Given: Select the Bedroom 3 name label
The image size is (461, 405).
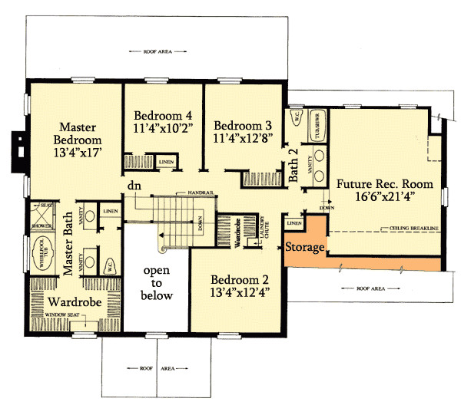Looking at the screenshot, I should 243,126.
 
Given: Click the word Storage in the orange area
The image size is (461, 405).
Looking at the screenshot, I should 304,248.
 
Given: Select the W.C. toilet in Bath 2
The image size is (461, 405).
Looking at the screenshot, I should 296,119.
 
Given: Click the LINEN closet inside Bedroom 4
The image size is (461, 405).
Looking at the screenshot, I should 165,162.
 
